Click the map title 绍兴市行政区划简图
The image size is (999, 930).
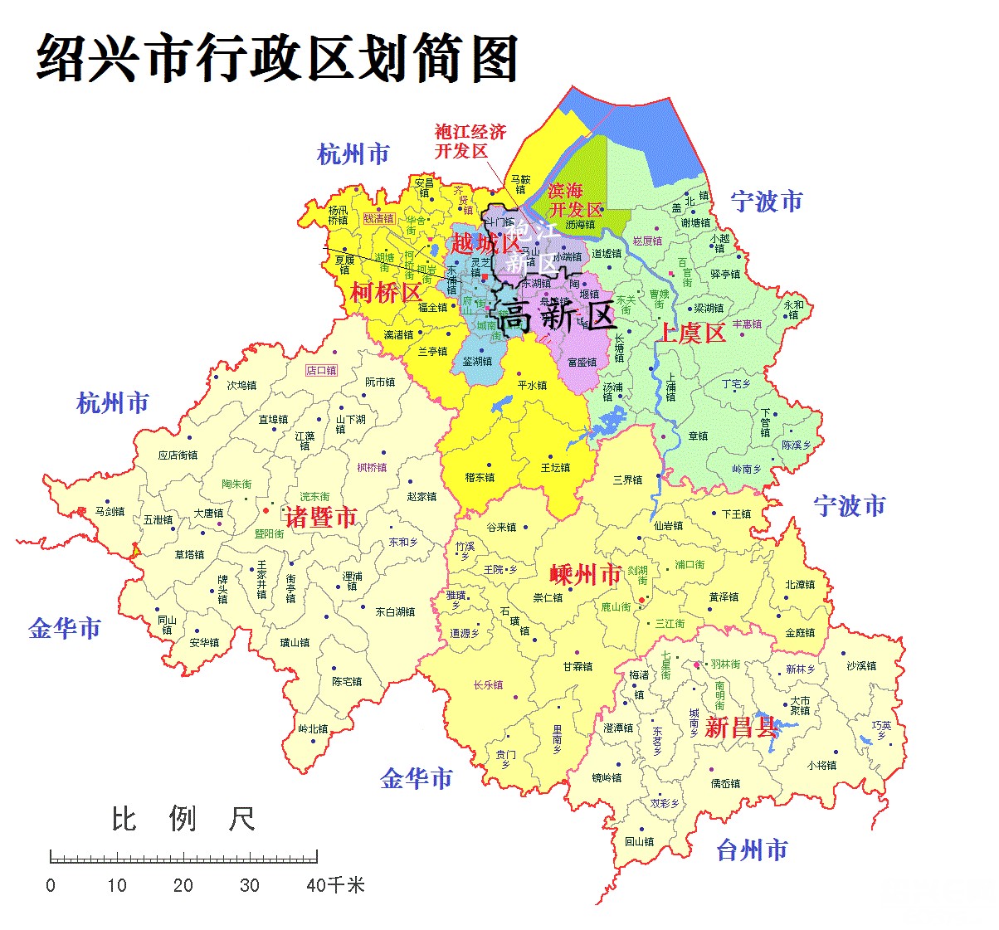point(278,58)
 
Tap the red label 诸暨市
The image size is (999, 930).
point(321,518)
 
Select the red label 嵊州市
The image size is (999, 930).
point(586,574)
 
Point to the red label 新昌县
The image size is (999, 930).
point(740,728)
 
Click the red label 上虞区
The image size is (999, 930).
point(692,334)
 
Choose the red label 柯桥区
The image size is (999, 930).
point(386,292)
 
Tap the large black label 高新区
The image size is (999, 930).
point(554,316)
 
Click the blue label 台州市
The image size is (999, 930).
point(752,850)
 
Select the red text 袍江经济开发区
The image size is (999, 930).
point(470,141)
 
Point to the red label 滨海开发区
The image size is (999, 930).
point(575,200)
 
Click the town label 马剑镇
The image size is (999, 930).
point(110,512)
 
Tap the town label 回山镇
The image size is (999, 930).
point(640,841)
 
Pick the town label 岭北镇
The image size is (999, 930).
point(313,729)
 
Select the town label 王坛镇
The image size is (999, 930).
point(555,468)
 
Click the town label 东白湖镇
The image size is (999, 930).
point(395,612)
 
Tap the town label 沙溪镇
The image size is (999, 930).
point(861,665)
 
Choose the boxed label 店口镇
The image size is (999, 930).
point(321,370)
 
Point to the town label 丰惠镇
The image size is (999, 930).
point(747,324)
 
